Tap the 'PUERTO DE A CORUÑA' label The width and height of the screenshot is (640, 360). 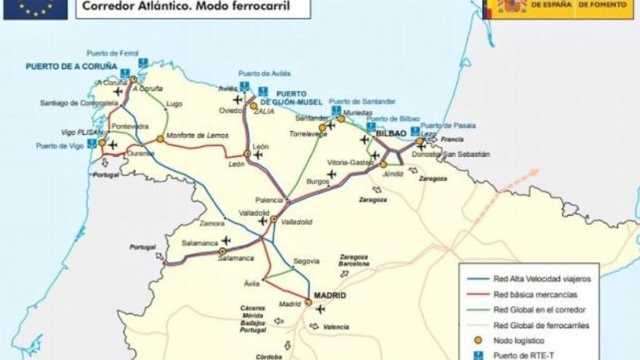point(71,66)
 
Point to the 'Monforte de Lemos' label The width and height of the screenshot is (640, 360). point(197,136)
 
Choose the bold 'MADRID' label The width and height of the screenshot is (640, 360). point(329,296)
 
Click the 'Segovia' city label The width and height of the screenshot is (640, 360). point(306,261)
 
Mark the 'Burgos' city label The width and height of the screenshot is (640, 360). point(318,181)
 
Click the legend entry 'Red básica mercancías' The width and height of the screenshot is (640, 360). point(535,295)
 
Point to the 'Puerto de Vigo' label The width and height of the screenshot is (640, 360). point(59,146)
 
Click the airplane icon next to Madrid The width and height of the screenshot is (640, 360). point(321,309)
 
